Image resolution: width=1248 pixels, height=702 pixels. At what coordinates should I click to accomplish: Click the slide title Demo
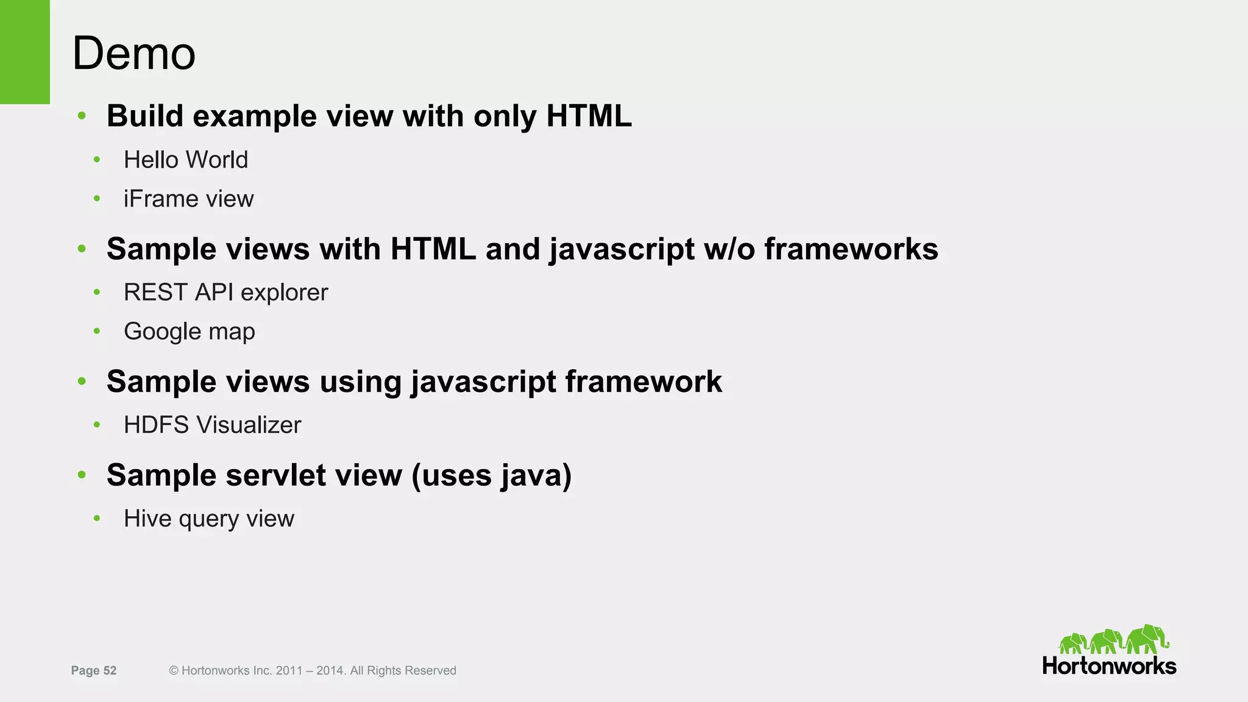[x=133, y=54]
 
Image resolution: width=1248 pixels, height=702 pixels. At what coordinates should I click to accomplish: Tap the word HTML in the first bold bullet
[x=589, y=116]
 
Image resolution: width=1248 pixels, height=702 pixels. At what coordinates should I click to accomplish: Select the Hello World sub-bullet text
[x=186, y=160]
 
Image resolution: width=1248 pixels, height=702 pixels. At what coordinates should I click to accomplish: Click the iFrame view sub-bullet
[x=188, y=199]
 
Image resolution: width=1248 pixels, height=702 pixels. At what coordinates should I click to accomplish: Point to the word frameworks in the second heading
[x=851, y=249]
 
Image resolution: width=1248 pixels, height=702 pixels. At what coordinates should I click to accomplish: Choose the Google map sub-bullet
[x=189, y=331]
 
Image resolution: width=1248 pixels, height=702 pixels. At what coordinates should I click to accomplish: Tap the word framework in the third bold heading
[x=643, y=382]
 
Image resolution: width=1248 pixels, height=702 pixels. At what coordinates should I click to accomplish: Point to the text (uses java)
[x=491, y=476]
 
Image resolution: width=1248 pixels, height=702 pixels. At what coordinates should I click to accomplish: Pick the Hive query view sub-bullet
[x=208, y=519]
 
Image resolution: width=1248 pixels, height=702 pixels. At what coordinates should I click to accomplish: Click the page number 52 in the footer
[x=110, y=671]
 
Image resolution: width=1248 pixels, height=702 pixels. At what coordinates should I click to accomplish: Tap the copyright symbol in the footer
[x=174, y=671]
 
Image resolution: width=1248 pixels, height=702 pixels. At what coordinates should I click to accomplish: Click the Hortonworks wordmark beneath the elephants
[x=1109, y=666]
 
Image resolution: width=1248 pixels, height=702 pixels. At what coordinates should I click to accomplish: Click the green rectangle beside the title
[x=24, y=52]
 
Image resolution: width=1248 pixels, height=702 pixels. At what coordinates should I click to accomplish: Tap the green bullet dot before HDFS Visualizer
[x=96, y=425]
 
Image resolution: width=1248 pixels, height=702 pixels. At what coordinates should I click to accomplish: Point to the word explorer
[x=284, y=293]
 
